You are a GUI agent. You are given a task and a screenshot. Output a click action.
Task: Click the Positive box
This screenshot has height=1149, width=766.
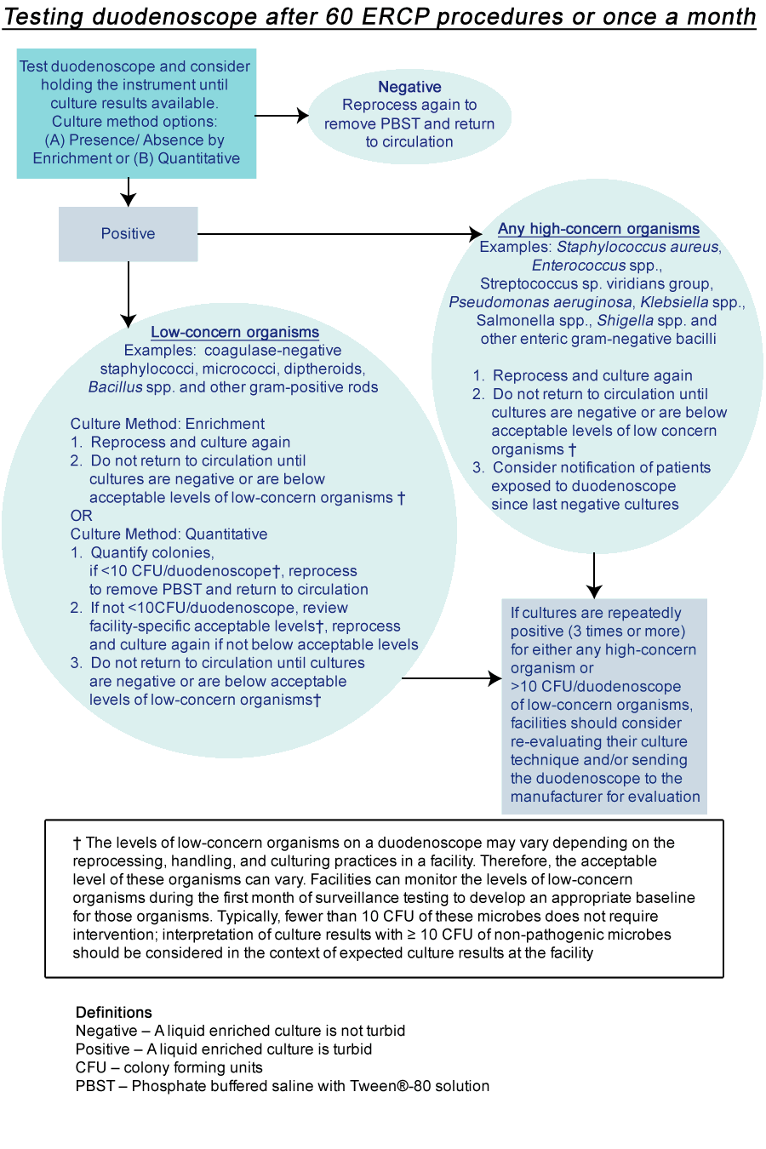[x=128, y=234]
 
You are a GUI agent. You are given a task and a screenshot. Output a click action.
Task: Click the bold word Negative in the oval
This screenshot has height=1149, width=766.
[x=409, y=87]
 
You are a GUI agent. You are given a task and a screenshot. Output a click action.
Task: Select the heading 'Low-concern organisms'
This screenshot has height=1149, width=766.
[x=235, y=332]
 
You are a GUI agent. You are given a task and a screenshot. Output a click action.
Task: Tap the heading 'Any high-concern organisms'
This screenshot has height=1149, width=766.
[x=598, y=228]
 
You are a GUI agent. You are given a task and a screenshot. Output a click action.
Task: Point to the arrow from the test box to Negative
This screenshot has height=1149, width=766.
[x=281, y=115]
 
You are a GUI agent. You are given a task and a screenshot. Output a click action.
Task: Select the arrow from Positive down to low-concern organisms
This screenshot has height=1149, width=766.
[x=129, y=294]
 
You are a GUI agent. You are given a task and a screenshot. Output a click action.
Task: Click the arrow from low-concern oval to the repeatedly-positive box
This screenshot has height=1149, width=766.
[x=451, y=678]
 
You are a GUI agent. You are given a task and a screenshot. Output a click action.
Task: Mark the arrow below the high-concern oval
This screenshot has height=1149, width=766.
[x=594, y=575]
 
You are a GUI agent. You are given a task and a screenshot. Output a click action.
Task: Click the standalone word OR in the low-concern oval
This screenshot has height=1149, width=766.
[x=82, y=516]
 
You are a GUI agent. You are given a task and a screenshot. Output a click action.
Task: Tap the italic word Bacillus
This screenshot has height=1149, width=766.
[x=116, y=387]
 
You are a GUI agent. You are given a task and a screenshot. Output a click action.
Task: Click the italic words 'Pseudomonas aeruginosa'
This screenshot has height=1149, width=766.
[x=540, y=302]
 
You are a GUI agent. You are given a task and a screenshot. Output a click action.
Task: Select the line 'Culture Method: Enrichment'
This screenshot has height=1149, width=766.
[x=168, y=424]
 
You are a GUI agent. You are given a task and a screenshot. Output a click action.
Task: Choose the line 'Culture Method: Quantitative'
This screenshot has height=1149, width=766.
[x=169, y=534]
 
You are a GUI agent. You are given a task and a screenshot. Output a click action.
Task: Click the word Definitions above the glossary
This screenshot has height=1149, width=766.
[x=114, y=1012]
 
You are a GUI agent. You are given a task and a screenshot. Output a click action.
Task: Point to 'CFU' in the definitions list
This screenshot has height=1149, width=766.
[x=91, y=1067]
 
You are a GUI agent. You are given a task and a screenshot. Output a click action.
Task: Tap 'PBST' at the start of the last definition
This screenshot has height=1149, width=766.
[x=95, y=1086]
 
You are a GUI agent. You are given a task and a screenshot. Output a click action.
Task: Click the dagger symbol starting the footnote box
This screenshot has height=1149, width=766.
[x=77, y=843]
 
